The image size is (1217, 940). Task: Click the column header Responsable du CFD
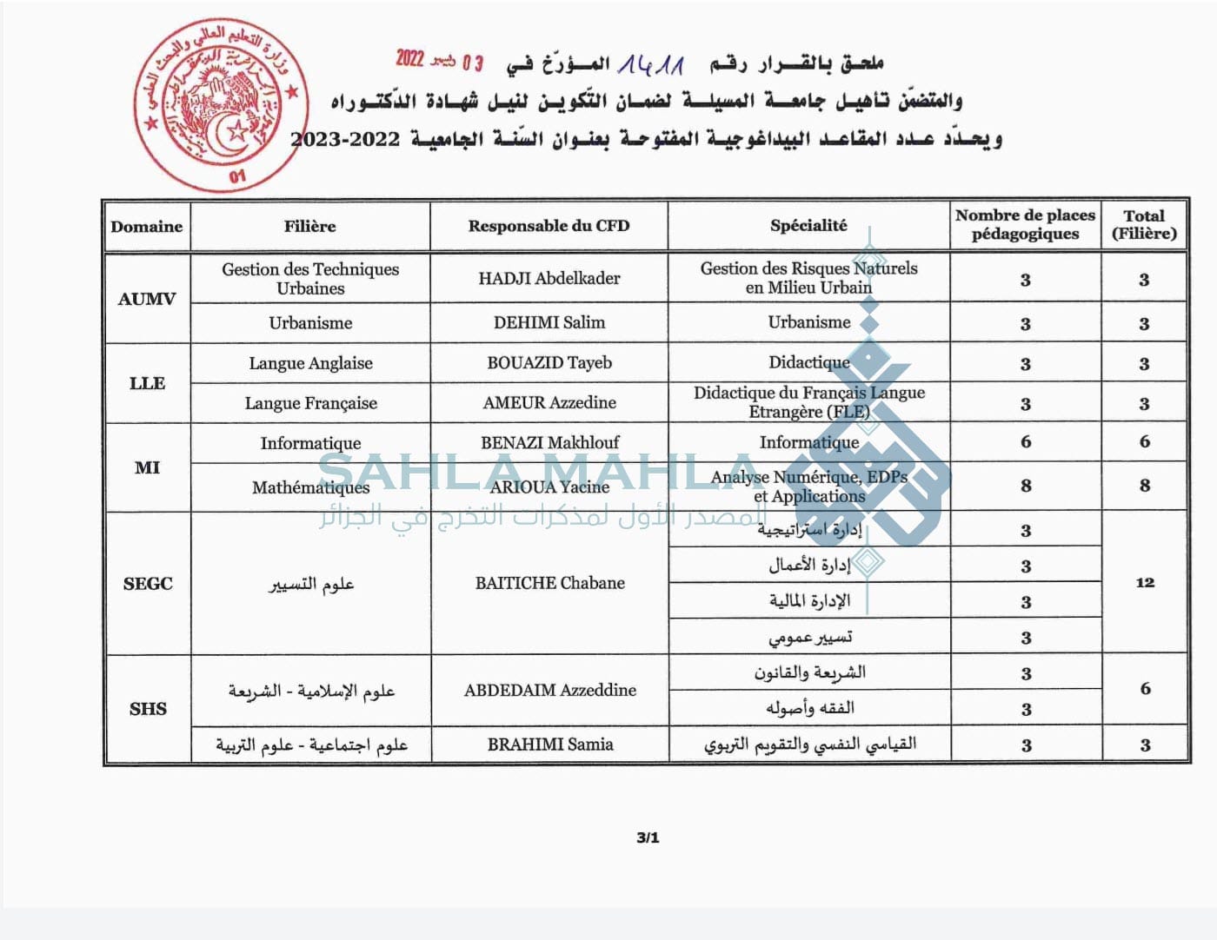pyautogui.click(x=549, y=226)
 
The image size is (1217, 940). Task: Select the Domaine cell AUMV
pyautogui.click(x=147, y=299)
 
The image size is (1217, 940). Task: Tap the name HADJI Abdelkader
pyautogui.click(x=549, y=279)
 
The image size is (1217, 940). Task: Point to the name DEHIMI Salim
pyautogui.click(x=549, y=322)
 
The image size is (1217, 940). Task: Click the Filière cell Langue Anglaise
pyautogui.click(x=310, y=363)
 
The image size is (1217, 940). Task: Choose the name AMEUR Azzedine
pyautogui.click(x=549, y=402)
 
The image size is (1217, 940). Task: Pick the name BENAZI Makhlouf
pyautogui.click(x=549, y=442)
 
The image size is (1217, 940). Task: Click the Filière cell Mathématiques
pyautogui.click(x=310, y=487)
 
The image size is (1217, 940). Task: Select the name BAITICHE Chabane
pyautogui.click(x=549, y=583)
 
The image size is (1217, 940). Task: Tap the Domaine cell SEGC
pyautogui.click(x=148, y=584)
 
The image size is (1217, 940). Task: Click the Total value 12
pyautogui.click(x=1145, y=583)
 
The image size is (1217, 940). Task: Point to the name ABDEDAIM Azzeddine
pyautogui.click(x=549, y=690)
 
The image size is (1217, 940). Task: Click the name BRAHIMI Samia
pyautogui.click(x=549, y=745)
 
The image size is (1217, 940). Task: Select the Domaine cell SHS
pyautogui.click(x=148, y=709)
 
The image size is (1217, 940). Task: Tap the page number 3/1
pyautogui.click(x=648, y=838)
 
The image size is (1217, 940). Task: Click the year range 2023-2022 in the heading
pyautogui.click(x=345, y=139)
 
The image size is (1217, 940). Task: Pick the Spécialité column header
pyautogui.click(x=808, y=226)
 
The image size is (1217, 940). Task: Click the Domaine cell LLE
pyautogui.click(x=147, y=383)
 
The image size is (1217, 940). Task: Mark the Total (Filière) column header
pyautogui.click(x=1144, y=225)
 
